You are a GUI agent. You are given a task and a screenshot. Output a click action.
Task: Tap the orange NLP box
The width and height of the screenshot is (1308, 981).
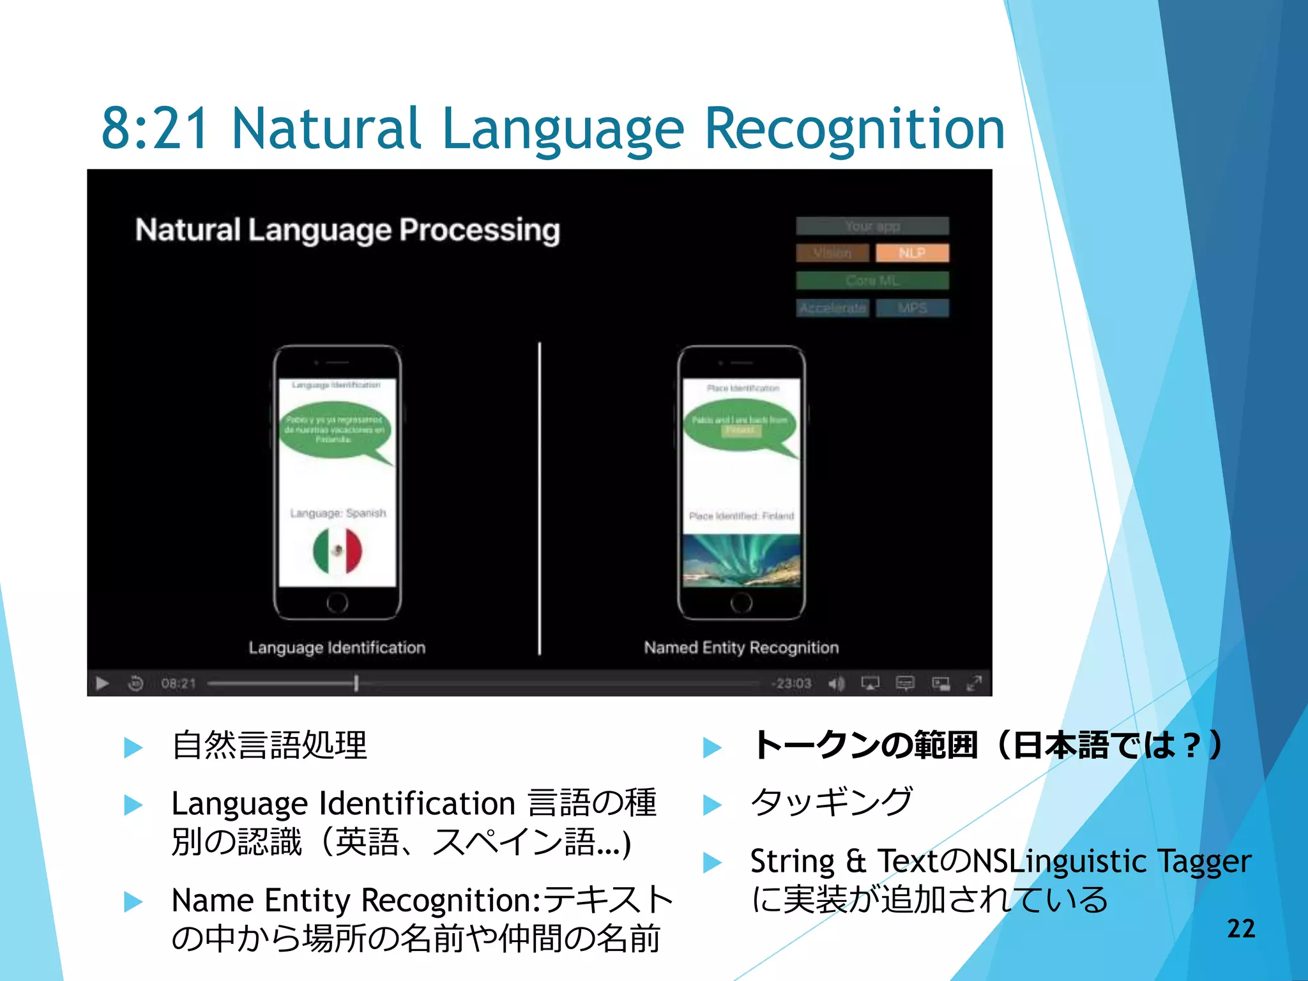tap(912, 253)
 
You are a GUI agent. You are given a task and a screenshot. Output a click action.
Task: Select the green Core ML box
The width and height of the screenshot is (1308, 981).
tap(872, 280)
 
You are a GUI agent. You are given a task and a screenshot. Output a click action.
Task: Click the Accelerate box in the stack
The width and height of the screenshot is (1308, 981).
tap(832, 308)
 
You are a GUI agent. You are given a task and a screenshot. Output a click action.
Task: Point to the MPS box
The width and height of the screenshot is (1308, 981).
tap(912, 308)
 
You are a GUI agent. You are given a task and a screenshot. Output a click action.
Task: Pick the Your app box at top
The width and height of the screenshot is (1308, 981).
tap(872, 226)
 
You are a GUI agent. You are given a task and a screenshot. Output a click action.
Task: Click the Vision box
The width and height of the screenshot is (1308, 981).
tap(832, 253)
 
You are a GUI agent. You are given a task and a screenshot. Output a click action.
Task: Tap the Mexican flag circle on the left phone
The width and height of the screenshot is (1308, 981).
tap(337, 551)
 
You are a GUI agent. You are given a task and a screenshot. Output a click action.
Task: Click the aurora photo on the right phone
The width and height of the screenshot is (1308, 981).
tap(741, 560)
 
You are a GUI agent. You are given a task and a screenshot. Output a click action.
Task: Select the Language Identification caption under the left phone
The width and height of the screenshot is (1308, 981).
tap(337, 648)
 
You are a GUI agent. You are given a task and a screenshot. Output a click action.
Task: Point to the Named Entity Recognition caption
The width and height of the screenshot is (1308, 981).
tap(741, 648)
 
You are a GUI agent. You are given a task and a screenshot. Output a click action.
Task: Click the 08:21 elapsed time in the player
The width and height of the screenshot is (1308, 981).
tap(178, 683)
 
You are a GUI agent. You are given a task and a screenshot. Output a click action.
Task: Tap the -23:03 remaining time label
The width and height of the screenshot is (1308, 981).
tap(791, 683)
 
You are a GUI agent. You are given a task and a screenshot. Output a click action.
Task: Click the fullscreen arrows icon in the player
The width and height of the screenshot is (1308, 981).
tap(974, 683)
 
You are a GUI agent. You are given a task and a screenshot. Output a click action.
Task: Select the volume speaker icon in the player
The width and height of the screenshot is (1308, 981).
tap(836, 683)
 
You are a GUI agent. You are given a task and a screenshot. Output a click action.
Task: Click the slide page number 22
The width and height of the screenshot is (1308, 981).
tap(1241, 929)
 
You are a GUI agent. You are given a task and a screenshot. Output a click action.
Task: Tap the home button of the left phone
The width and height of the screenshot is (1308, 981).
tap(337, 602)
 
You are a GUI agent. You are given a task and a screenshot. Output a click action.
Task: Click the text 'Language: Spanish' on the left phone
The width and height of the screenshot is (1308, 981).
tap(338, 513)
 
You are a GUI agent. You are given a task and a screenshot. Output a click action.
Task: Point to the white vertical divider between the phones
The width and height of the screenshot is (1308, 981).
tap(540, 498)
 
